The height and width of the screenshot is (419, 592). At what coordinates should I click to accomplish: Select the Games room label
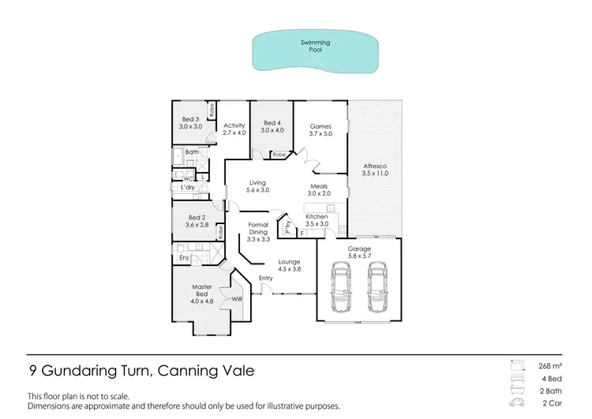pos(320,126)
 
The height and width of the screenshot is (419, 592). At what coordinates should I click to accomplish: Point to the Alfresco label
pos(373,166)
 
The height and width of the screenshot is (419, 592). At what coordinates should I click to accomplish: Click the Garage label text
pos(360,249)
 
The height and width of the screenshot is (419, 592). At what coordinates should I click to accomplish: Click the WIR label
pos(238,300)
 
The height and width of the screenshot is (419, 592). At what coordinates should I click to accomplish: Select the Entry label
pos(265,278)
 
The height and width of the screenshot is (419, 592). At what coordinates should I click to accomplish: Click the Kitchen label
pos(317,216)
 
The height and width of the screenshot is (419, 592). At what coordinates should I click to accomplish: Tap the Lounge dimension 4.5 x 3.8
pos(290,270)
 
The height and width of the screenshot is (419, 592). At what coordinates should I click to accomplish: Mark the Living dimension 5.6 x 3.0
pos(258,190)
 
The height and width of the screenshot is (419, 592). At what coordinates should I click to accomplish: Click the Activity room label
pos(234,125)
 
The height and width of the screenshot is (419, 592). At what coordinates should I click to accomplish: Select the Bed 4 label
pos(272,122)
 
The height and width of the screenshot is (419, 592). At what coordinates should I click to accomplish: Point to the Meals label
pos(319,186)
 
